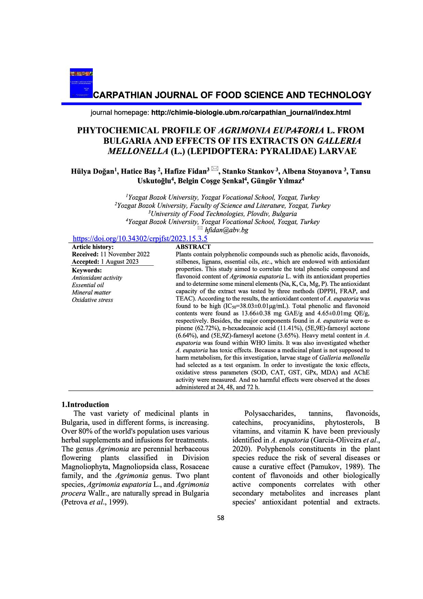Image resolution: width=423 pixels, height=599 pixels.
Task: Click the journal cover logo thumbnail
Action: click(81, 83)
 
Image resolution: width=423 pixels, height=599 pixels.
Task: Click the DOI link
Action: click(140, 239)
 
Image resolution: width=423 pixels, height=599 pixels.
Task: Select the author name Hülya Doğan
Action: click(92, 171)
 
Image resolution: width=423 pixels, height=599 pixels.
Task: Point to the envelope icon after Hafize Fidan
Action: click(215, 168)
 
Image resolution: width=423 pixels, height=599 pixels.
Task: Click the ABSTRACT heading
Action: click(193, 247)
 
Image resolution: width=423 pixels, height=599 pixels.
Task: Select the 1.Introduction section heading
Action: click(85, 405)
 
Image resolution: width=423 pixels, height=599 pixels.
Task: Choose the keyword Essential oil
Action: click(88, 285)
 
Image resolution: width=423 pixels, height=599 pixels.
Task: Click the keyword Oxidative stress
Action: click(92, 300)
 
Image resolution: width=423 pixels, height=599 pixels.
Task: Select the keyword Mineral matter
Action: click(91, 292)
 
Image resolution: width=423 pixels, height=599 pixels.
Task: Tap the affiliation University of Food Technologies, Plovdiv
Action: click(223, 214)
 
